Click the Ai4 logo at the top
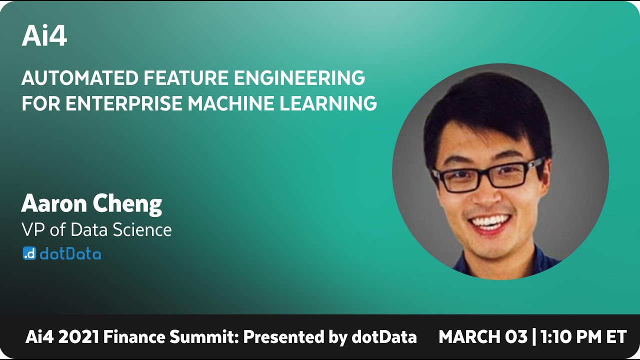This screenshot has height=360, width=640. (44, 36)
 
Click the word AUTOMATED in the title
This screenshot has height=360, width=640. (79, 78)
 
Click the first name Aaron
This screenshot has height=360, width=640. (51, 203)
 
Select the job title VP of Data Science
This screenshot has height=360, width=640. (96, 230)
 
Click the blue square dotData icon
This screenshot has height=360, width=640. (29, 253)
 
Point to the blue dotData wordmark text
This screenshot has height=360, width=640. (70, 254)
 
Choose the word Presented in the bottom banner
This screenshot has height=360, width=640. (284, 337)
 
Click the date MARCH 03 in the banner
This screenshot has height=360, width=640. (482, 337)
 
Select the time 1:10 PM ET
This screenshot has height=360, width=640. (583, 337)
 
